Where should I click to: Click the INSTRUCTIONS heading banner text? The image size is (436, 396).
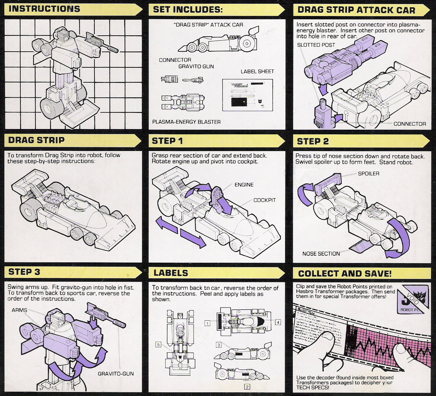44,9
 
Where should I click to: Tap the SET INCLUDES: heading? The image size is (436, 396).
188,10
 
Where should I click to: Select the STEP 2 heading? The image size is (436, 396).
312,141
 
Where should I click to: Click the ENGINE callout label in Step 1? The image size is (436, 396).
244,185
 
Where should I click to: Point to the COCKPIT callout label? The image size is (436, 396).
264,200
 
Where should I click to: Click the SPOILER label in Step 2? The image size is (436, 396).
369,174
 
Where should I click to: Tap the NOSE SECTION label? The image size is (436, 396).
321,254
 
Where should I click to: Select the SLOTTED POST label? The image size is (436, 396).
316,45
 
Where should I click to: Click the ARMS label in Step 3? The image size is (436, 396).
19,310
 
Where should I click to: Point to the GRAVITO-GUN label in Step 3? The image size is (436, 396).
116,374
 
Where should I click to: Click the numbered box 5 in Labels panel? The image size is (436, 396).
159,345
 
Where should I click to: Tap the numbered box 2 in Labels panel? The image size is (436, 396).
247,387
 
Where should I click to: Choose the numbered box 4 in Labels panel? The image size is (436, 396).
278,322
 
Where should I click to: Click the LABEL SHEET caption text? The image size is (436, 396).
257,71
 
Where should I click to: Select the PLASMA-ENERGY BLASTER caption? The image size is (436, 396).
186,122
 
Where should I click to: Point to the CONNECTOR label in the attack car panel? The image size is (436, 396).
410,124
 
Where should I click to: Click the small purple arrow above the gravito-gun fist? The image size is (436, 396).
94,321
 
